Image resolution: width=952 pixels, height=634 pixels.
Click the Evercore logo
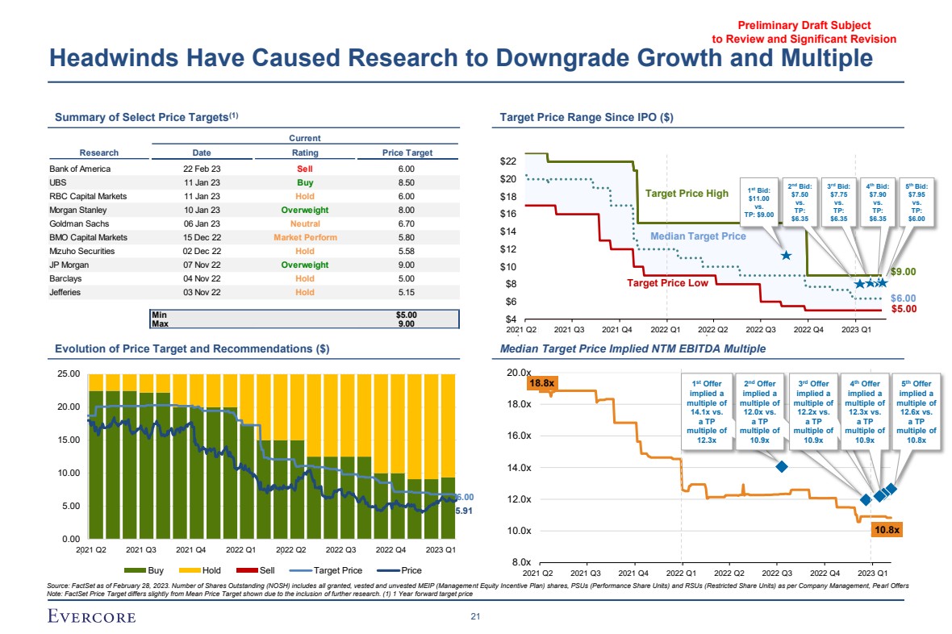point(90,617)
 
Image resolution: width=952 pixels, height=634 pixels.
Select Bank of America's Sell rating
point(305,169)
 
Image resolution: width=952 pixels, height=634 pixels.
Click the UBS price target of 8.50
point(406,182)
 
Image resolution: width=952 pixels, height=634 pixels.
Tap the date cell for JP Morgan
point(202,265)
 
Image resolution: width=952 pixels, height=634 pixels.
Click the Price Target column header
point(407,152)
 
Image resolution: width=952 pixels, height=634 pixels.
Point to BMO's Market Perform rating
point(305,237)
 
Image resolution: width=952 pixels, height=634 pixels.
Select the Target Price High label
point(687,194)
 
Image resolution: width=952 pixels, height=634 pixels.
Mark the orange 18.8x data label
point(540,383)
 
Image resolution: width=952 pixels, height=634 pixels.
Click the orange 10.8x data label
point(887,530)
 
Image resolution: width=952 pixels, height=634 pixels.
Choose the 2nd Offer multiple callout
point(760,412)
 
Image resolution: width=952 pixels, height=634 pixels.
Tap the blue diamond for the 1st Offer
point(781,467)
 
